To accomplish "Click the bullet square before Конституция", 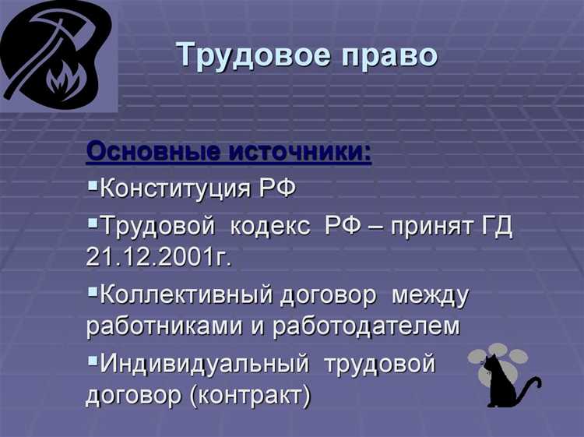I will (x=93, y=186).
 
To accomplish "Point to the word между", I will (x=431, y=295).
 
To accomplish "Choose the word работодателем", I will (x=366, y=326).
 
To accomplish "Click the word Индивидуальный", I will (x=205, y=364).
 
